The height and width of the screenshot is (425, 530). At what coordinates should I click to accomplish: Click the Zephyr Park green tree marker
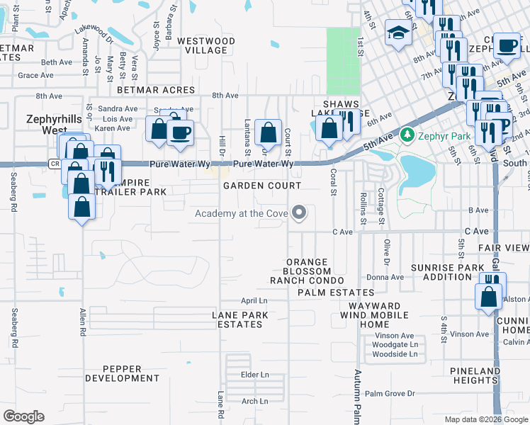coord(407,134)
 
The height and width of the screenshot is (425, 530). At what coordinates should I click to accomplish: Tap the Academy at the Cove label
coord(242,214)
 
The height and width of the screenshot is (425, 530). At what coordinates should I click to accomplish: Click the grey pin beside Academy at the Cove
coord(300,212)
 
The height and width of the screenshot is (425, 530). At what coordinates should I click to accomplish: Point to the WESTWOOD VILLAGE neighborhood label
coord(205,46)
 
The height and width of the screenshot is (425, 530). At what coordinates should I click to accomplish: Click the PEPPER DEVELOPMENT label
coord(123,373)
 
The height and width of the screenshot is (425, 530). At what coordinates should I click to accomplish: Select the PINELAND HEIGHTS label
coord(475,375)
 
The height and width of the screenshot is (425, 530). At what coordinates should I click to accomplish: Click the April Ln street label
coord(253,300)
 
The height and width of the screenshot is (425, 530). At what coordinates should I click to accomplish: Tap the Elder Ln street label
coord(255,375)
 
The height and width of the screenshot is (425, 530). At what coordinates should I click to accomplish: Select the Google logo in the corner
coord(23,416)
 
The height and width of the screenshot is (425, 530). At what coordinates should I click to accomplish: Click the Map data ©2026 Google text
coord(485,419)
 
